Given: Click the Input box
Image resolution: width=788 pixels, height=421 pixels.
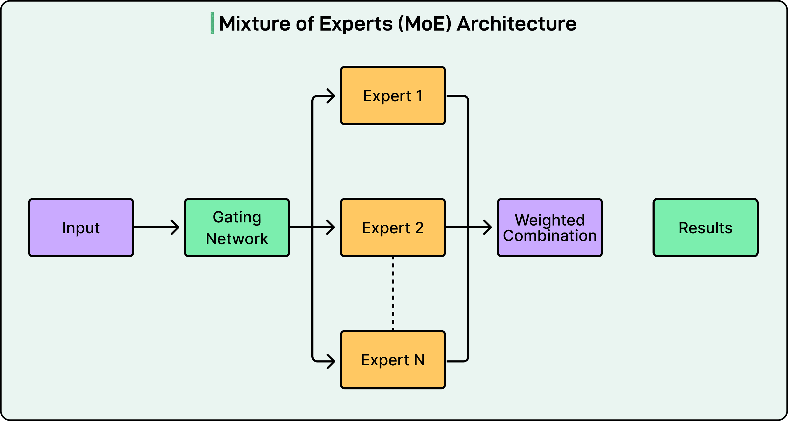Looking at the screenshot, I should tap(81, 228).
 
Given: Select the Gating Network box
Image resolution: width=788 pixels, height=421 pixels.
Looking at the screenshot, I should tap(237, 228).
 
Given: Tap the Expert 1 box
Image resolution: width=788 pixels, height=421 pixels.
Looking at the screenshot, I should tap(393, 95).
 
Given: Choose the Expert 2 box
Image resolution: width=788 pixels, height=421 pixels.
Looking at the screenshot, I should tap(393, 228).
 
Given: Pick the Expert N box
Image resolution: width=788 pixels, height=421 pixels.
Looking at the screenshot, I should tap(393, 360).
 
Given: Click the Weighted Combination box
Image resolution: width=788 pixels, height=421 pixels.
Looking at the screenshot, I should tap(550, 228).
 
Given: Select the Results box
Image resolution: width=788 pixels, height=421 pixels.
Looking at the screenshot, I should tap(705, 228).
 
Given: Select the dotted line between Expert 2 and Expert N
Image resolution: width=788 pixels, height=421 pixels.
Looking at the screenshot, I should tap(393, 294).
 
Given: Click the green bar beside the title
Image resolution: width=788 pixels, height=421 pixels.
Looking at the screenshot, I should tap(212, 23).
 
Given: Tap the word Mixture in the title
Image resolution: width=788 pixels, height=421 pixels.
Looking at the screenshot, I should tap(255, 24).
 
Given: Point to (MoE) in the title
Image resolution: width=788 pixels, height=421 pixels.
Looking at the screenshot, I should tap(425, 24).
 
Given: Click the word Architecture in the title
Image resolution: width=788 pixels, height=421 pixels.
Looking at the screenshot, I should tap(516, 24).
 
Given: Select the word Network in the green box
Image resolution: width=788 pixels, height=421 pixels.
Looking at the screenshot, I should tap(237, 239).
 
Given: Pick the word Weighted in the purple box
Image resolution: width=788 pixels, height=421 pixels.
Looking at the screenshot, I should tap(550, 220).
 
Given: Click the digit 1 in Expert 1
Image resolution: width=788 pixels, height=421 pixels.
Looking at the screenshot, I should tap(419, 96).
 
